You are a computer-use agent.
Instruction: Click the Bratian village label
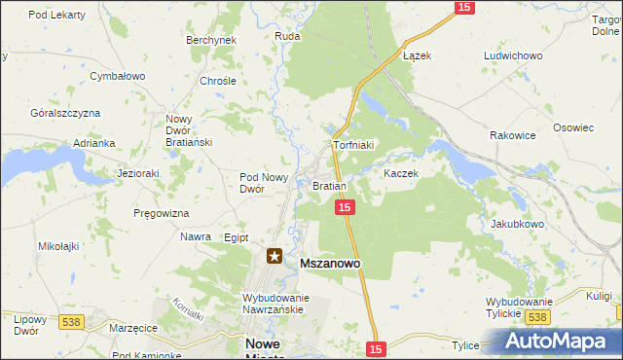point(329,185)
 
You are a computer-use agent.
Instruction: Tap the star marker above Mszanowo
point(275,257)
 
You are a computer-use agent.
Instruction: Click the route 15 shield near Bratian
point(345,207)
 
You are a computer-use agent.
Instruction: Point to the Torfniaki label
point(353,145)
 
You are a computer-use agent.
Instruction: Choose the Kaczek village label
point(400,173)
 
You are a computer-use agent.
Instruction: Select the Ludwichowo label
point(512,55)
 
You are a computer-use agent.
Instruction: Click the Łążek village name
point(417,55)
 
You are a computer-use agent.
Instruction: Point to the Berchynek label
point(211,40)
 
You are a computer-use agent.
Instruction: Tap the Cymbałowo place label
point(117,75)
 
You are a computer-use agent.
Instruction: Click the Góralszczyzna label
point(65,113)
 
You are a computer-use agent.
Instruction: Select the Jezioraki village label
point(137,173)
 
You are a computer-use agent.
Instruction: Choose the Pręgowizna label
point(162,212)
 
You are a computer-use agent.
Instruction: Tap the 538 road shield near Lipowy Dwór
point(71,321)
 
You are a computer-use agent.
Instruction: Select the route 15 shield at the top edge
point(463,7)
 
